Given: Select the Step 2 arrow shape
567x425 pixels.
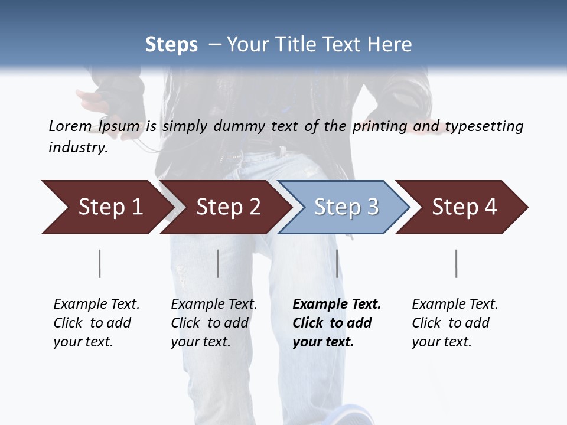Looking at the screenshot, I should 227,207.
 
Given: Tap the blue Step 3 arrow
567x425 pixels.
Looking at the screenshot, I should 346,207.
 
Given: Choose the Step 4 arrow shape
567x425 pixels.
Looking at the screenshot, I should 464,207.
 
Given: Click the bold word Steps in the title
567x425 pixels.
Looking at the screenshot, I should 171,45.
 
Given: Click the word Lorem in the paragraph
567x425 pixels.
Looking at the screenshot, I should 70,126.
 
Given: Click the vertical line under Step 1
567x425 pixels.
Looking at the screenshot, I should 99,263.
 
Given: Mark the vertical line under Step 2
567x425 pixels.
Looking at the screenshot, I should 218,263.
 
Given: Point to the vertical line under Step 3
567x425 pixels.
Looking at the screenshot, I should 337,263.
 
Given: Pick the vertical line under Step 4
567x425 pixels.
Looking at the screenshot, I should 456,263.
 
